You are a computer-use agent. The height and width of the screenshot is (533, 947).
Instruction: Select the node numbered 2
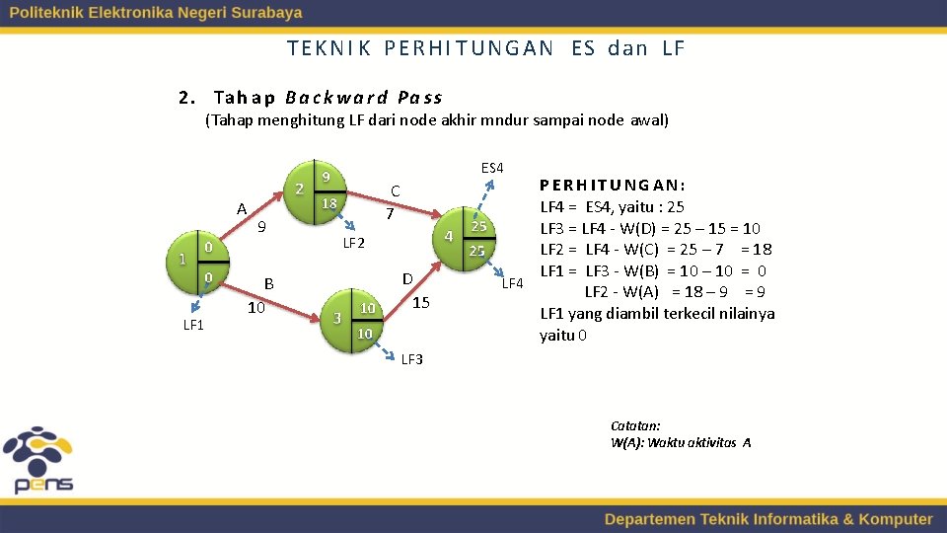coord(315,190)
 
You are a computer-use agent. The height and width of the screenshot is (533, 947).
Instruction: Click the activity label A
coord(242,208)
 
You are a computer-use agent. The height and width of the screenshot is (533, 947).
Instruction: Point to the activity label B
coord(268,284)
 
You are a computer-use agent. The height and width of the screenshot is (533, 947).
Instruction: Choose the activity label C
coord(395,190)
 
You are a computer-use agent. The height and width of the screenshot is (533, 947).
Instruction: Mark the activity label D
coord(406,280)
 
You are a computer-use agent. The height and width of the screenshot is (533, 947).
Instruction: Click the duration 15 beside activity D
coord(421,302)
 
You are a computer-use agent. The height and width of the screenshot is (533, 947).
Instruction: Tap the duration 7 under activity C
coord(390,213)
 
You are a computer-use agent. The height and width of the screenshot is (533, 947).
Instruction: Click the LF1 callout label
coord(193,325)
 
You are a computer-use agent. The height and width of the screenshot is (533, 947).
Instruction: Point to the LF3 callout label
coord(411,359)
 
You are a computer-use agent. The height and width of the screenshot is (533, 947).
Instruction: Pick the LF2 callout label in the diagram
coord(353,243)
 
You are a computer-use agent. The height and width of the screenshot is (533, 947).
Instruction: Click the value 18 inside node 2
coord(330,203)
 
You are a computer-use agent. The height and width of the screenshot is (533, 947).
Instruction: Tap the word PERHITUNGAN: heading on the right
coord(613,186)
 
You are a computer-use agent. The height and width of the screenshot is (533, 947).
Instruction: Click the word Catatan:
coord(635,425)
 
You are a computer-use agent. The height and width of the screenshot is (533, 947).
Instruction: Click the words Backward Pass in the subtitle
coord(363,98)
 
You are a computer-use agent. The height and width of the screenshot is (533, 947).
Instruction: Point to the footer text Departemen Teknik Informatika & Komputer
coord(767,519)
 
